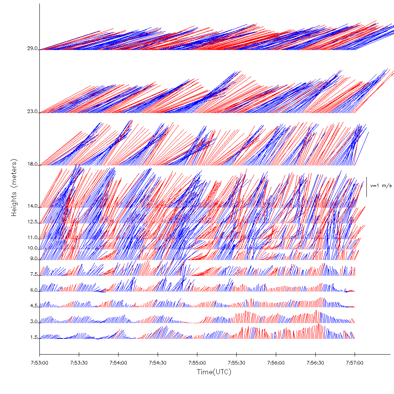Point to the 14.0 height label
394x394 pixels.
click(32, 206)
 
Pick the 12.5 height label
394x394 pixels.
click(32, 222)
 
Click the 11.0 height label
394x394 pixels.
click(32, 238)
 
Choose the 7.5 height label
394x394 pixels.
click(33, 274)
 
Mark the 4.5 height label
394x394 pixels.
click(33, 306)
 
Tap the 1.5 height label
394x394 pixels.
click(33, 338)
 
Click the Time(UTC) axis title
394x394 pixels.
click(214, 372)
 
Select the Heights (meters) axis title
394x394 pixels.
click(15, 188)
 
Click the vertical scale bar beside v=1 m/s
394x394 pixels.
click(367, 187)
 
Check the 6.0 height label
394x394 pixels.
click(33, 290)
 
